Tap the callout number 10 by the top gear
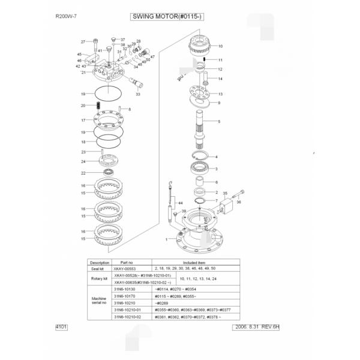[x=220, y=46]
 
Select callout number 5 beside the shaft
[x=219, y=122]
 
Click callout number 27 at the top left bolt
[x=83, y=42]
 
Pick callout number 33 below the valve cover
[x=138, y=94]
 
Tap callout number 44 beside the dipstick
[x=179, y=203]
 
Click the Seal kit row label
[x=99, y=268]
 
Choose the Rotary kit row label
[x=99, y=278]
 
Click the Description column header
[x=99, y=262]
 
